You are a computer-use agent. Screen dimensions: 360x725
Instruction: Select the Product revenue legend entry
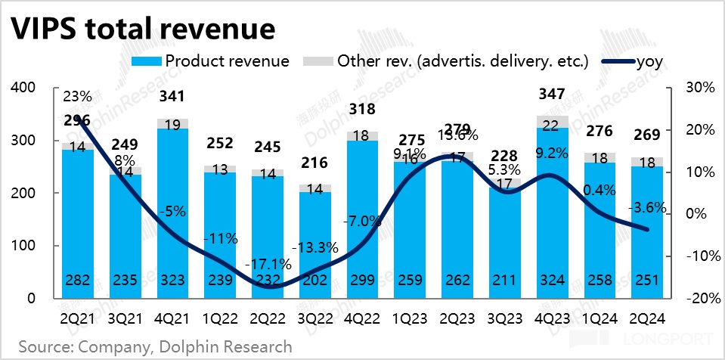(227, 61)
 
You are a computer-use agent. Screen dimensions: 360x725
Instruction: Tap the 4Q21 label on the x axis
(172, 318)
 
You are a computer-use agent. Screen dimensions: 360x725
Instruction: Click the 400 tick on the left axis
(25, 88)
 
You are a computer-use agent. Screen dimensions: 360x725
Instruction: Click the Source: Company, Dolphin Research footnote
(156, 346)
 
